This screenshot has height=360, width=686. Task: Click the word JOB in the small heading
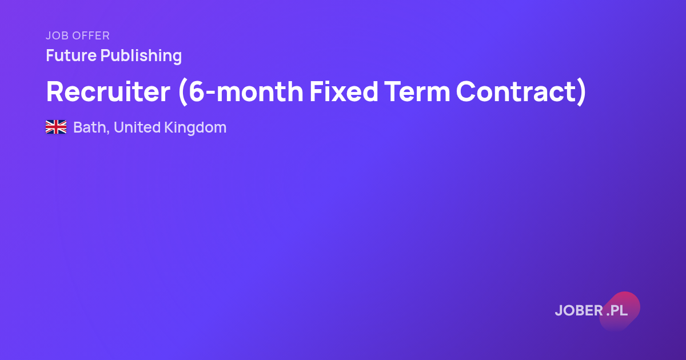57,35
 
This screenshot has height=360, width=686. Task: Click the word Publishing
141,56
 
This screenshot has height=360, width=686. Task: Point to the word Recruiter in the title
108,91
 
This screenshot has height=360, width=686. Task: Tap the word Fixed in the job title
344,91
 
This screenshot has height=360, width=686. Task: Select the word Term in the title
417,91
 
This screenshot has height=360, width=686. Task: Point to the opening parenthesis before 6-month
182,93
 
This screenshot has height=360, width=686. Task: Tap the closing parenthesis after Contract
581,93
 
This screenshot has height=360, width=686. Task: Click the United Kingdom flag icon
56,127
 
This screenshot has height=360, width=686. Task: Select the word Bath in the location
89,127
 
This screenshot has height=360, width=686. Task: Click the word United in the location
137,127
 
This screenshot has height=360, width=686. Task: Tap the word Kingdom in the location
196,128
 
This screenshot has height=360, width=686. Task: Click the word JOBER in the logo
579,310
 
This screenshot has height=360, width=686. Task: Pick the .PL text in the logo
617,310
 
